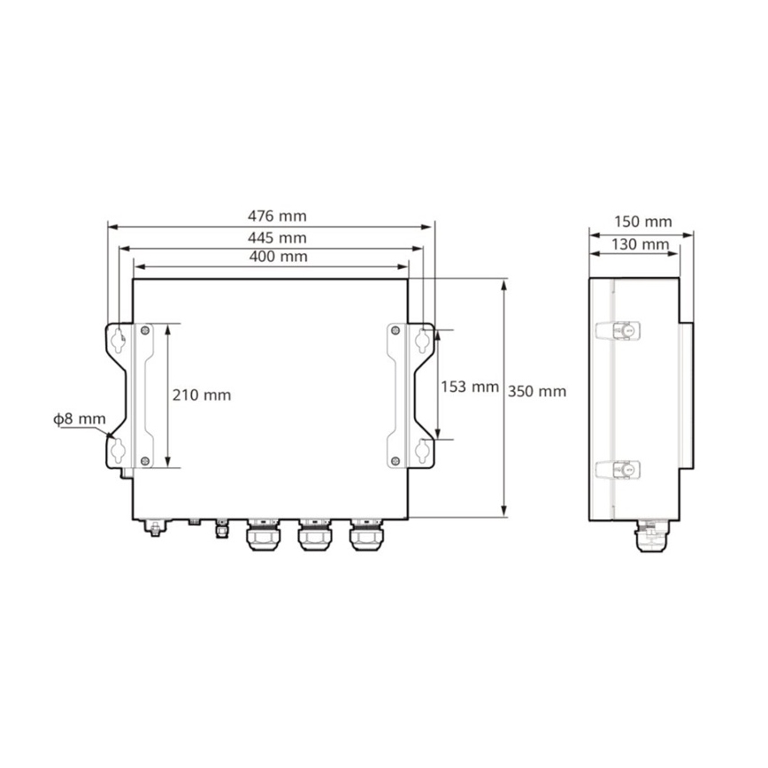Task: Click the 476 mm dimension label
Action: coord(272,216)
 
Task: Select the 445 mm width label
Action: coord(272,238)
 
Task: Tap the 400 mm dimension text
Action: coord(272,257)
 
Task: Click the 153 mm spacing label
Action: coord(470,387)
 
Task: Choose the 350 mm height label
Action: coord(538,390)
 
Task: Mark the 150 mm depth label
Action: coord(641,221)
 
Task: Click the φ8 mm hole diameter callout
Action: coord(79,419)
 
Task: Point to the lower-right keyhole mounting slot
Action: coord(424,450)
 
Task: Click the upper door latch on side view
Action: coord(618,330)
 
